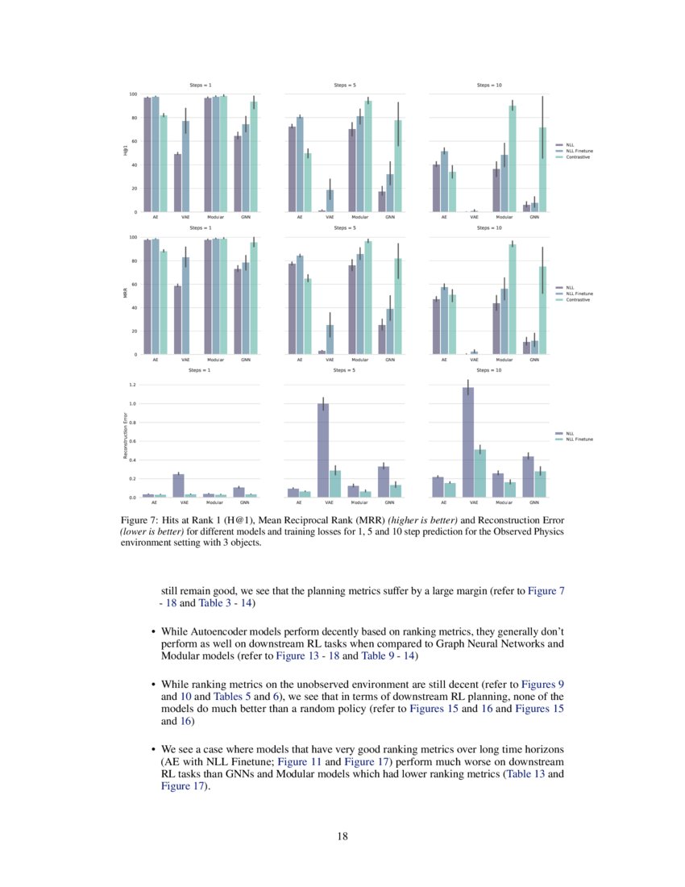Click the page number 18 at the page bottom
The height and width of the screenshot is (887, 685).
[x=342, y=836]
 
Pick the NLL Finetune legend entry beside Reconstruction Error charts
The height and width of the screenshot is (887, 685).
[x=579, y=439]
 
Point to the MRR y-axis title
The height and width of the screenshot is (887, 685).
[x=126, y=294]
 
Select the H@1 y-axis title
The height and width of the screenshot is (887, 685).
[x=126, y=152]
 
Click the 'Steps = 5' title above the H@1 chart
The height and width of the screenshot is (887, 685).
[x=346, y=85]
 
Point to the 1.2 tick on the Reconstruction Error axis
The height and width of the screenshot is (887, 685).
[x=131, y=385]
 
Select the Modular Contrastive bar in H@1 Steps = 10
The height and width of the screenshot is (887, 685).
[x=513, y=158]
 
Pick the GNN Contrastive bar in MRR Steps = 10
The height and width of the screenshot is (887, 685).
[x=542, y=310]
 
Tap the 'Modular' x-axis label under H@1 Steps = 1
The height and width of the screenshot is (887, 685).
[x=214, y=218]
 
